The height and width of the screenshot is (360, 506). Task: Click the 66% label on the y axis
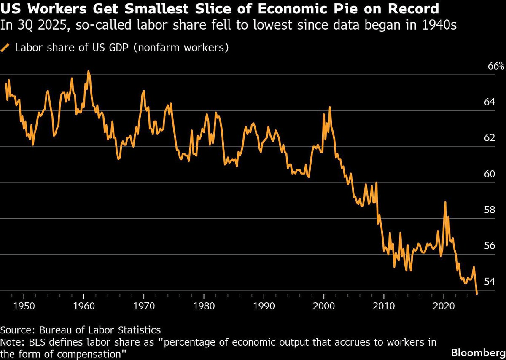(x=496, y=66)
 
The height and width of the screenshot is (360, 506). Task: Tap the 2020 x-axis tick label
(x=444, y=305)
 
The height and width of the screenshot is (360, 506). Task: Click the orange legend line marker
(x=6, y=48)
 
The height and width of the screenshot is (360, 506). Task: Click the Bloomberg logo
(x=478, y=351)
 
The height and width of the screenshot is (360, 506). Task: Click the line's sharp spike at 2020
(x=445, y=202)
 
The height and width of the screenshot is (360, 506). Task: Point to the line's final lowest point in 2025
(x=477, y=294)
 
